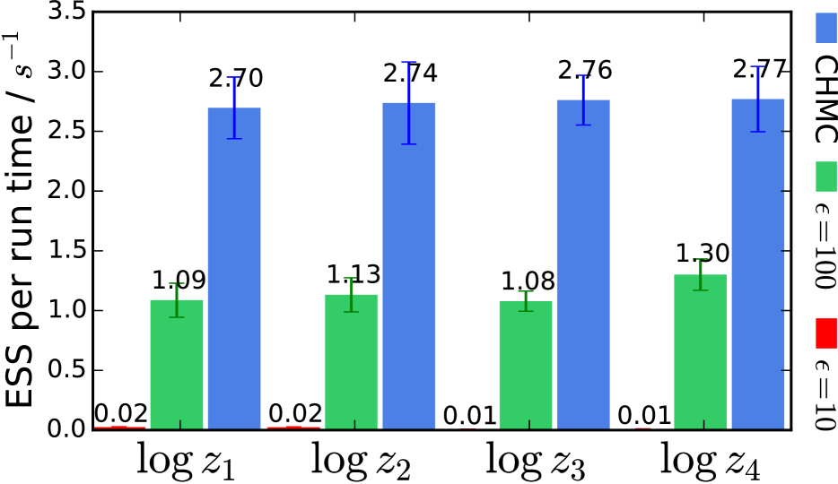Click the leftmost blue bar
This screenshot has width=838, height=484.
pos(234,269)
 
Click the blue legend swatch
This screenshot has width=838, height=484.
pos(825,28)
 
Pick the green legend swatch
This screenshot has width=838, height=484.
pos(825,177)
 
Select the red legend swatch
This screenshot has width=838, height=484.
pos(825,333)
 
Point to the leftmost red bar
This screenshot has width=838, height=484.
pos(120,428)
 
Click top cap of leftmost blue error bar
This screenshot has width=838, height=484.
pos(233,77)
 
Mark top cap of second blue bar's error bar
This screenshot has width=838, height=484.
pos(409,62)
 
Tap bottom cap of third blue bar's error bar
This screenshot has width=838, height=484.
pos(583,125)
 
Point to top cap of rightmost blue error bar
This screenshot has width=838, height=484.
pos(758,66)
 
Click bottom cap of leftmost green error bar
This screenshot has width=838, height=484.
pos(177,317)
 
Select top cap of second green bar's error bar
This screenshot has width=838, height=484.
pos(351,278)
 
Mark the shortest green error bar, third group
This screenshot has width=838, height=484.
pos(526,301)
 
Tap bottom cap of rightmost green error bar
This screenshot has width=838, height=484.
pos(700,290)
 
